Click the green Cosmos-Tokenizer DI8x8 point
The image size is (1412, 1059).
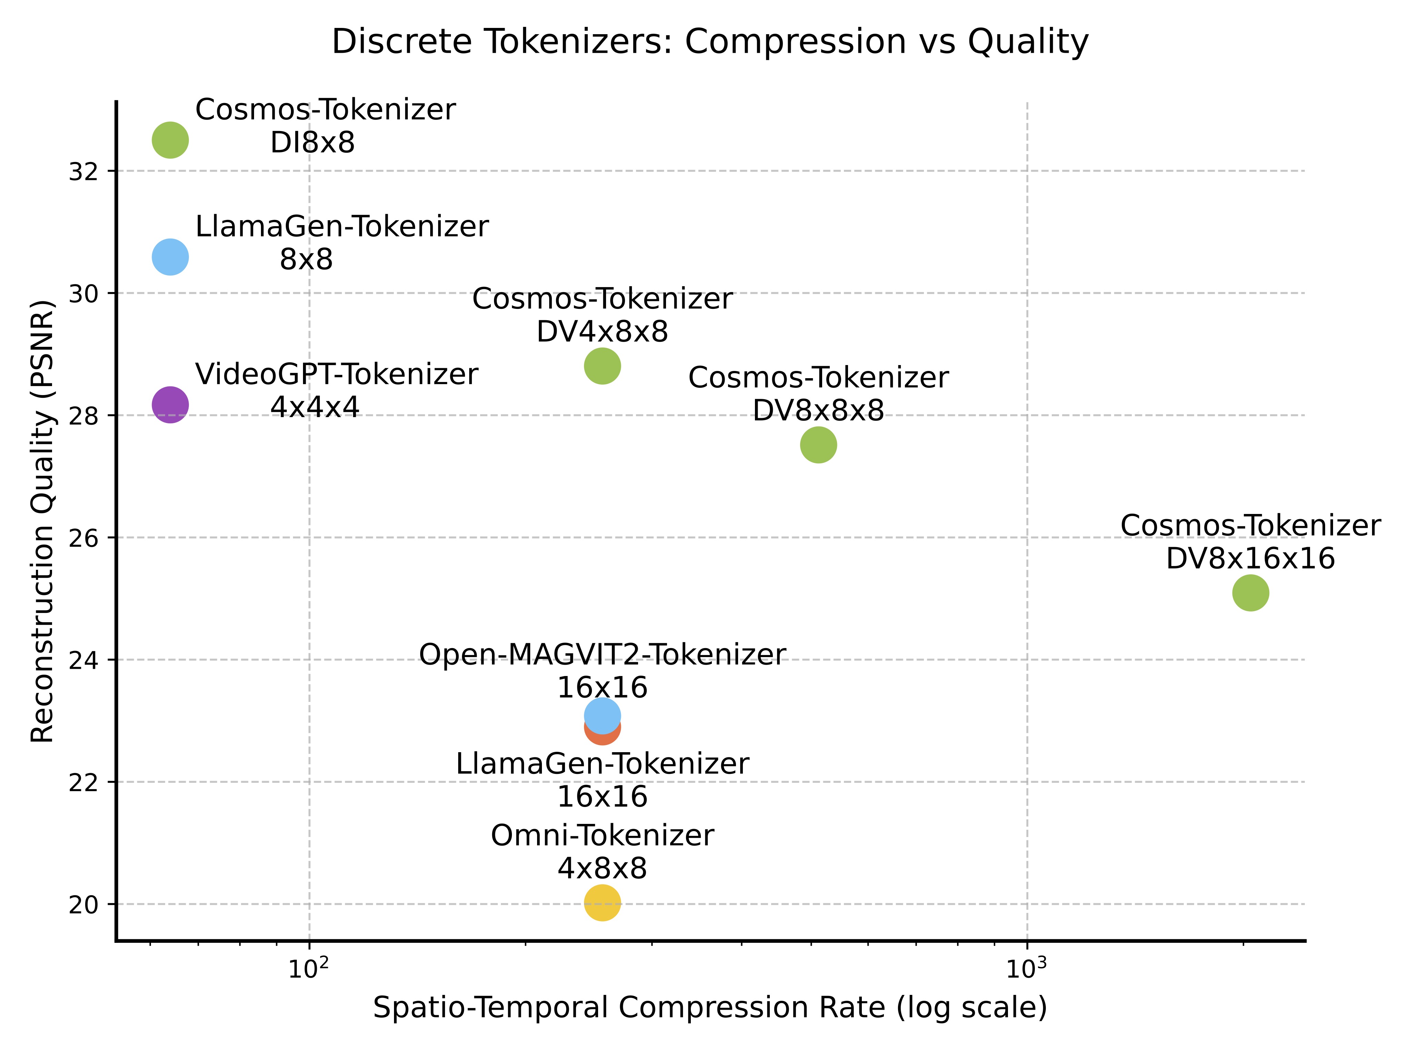[x=170, y=140]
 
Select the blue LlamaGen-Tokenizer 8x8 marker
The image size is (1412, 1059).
[x=170, y=256]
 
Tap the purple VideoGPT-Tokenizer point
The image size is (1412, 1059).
[x=170, y=404]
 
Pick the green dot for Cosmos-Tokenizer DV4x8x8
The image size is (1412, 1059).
[x=602, y=366]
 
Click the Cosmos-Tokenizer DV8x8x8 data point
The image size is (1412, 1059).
[x=818, y=445]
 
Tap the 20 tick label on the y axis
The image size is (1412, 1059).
[x=83, y=905]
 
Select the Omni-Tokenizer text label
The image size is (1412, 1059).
[x=602, y=836]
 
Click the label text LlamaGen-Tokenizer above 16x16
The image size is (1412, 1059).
[x=602, y=764]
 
